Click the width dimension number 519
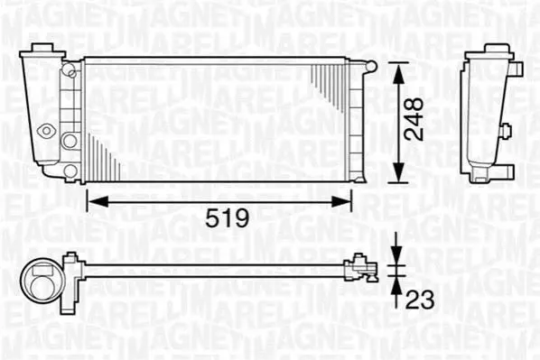click(x=227, y=217)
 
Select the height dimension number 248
click(x=414, y=119)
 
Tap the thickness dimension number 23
click(x=420, y=300)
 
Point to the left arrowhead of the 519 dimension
click(x=98, y=201)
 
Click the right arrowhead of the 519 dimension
click(x=341, y=201)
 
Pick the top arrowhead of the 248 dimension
click(x=398, y=73)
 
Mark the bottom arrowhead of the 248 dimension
click(x=398, y=172)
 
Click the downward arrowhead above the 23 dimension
click(x=396, y=255)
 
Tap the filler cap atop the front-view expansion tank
click(x=42, y=48)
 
